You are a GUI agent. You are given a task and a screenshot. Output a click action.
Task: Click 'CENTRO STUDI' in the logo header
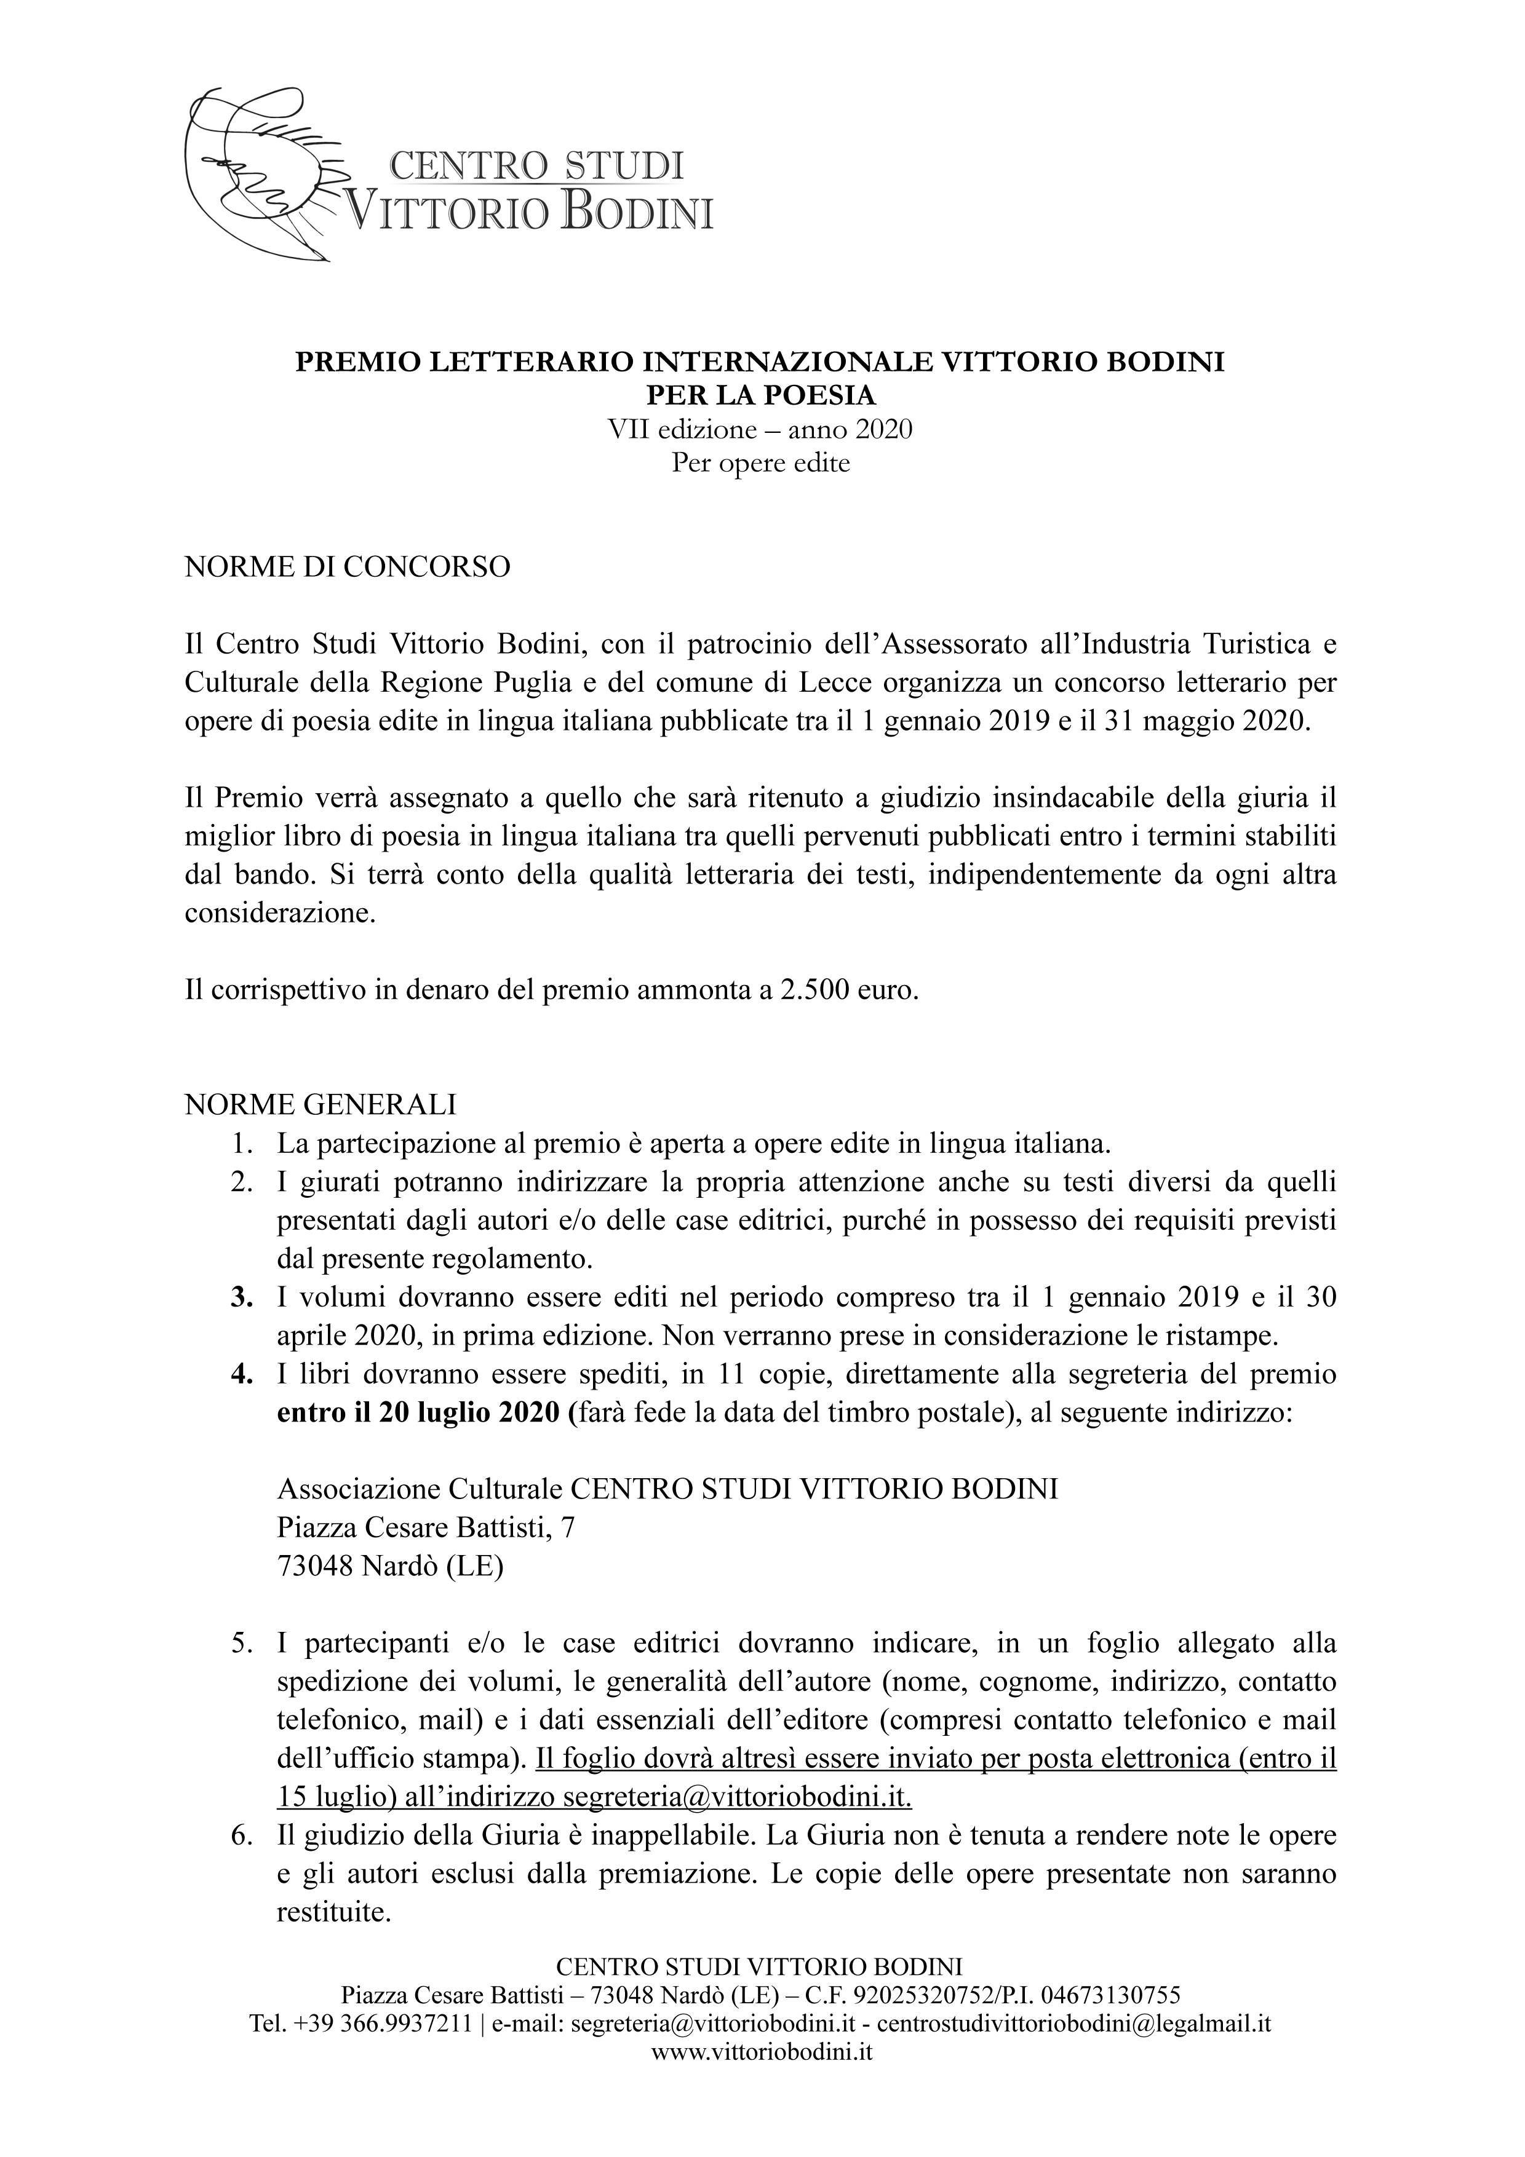point(536,165)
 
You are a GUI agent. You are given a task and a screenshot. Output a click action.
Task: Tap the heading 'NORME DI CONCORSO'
point(348,568)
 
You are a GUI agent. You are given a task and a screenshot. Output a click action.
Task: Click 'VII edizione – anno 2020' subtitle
point(760,430)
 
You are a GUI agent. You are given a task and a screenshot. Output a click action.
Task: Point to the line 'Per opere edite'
point(760,463)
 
